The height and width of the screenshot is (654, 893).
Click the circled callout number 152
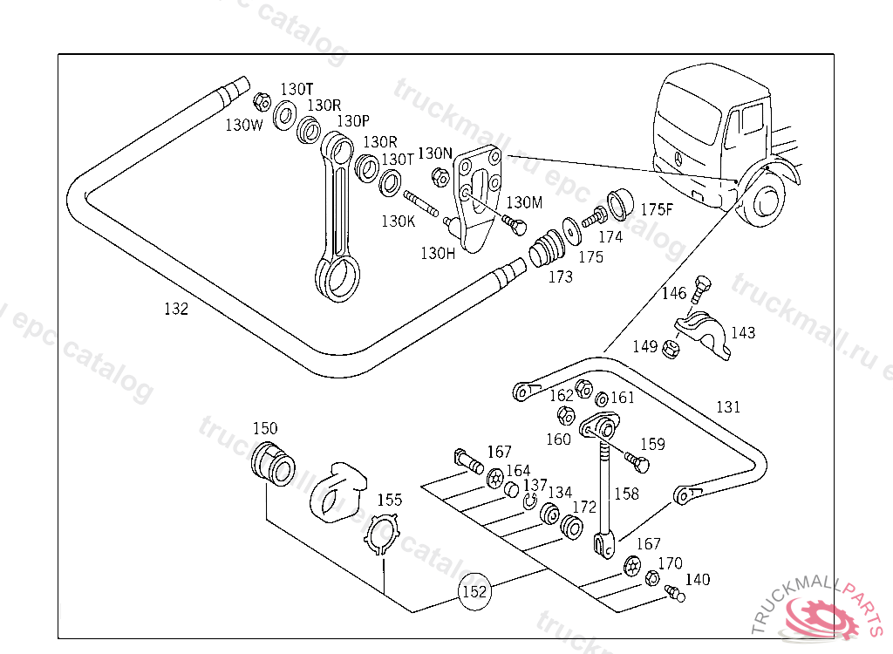pos(474,592)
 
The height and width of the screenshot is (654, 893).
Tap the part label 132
pos(175,309)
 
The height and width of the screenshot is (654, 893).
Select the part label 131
pos(728,406)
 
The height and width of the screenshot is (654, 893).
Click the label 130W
pos(243,125)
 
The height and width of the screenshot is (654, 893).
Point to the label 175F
pos(657,209)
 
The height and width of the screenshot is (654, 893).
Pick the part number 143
pos(743,333)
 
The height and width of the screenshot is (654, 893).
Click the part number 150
pos(265,428)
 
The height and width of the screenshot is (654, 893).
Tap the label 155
pos(390,500)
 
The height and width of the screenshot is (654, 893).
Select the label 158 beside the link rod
pos(626,494)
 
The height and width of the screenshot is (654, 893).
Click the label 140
pos(697,579)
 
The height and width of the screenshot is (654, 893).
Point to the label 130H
pos(438,253)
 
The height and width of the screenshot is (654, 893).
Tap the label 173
pos(560,277)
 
